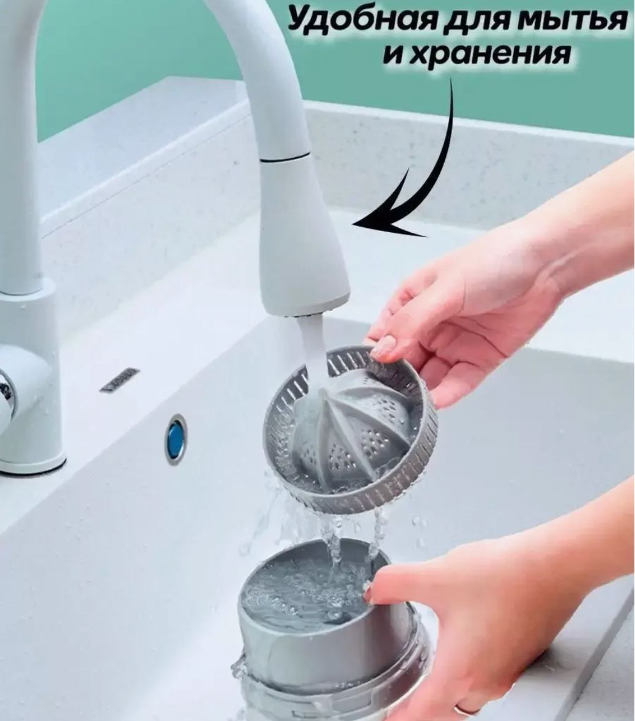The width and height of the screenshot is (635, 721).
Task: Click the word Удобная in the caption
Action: click(x=363, y=20)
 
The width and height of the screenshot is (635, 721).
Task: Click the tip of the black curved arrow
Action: click(x=353, y=224)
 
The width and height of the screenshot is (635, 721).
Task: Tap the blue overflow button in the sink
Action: click(x=176, y=439)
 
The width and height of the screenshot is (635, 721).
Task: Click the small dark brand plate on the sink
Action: click(x=119, y=380)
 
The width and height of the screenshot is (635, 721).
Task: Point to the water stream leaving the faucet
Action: click(x=313, y=359)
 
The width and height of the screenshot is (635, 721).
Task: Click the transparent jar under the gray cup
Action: click(x=322, y=690)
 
